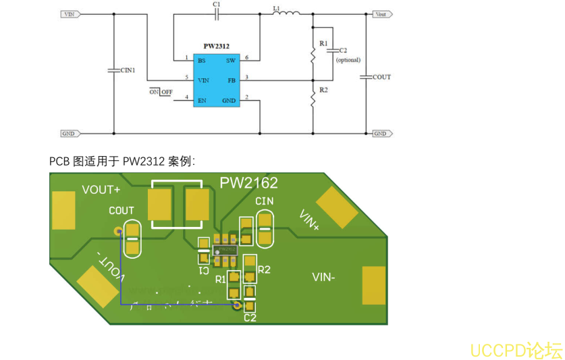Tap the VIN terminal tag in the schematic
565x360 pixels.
(x=70, y=14)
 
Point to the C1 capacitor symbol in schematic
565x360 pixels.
(x=216, y=14)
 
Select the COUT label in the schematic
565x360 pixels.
(x=381, y=77)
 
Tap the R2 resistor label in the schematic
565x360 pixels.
(x=323, y=90)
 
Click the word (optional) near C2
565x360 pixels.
(x=348, y=59)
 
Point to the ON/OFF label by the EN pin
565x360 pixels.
(x=161, y=92)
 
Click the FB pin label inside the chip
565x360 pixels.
(x=231, y=80)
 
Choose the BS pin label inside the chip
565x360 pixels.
(x=201, y=60)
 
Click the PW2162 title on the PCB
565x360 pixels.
(x=248, y=182)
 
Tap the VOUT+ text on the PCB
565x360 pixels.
(x=101, y=190)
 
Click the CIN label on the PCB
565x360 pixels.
(x=264, y=201)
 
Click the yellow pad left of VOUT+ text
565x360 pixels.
(x=63, y=210)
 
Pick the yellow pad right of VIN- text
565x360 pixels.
(x=373, y=285)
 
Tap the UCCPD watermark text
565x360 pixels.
(x=516, y=350)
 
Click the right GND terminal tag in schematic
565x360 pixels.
(x=381, y=134)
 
